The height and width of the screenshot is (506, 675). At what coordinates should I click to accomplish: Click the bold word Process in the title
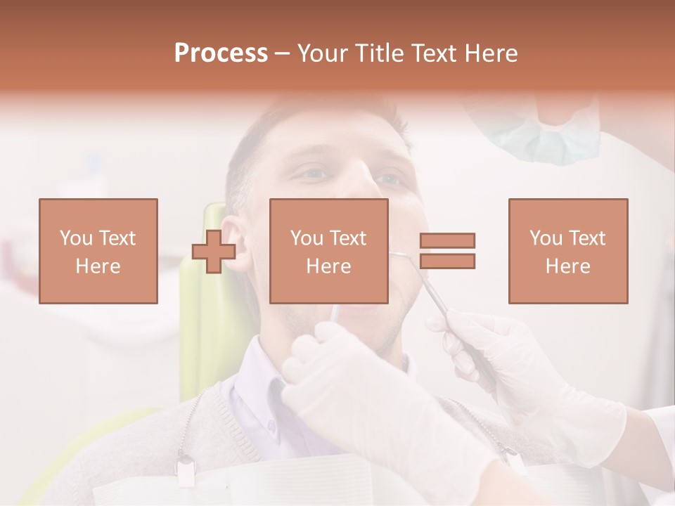point(221,53)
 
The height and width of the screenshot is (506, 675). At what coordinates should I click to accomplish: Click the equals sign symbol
point(447,251)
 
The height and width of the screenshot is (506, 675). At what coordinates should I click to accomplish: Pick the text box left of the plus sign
point(98,251)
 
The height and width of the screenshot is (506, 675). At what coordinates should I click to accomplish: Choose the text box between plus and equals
point(328,251)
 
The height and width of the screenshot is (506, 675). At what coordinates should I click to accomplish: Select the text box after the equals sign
point(567,251)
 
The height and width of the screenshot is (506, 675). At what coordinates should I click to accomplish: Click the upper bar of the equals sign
point(447,241)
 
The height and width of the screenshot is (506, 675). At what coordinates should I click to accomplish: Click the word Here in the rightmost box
point(567,266)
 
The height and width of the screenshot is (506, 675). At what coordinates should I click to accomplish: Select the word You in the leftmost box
point(76,238)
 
